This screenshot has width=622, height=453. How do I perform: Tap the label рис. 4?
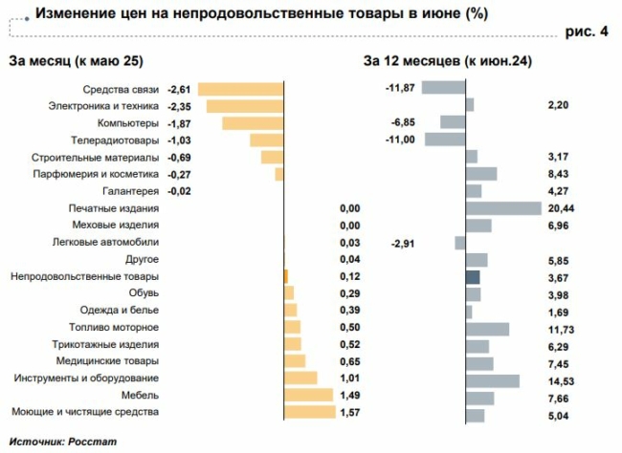click(587, 32)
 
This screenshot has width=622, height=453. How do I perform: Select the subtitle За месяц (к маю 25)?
click(76, 62)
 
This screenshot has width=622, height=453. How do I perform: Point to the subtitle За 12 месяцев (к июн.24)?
click(448, 62)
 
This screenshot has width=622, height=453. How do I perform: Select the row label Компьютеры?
click(127, 123)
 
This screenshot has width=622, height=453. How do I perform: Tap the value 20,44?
click(564, 208)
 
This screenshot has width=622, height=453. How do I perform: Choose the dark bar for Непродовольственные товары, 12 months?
click(472, 277)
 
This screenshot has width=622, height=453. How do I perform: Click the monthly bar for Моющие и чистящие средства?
click(310, 412)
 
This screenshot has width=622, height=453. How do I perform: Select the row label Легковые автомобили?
click(105, 243)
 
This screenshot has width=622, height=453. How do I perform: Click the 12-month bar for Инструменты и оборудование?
click(492, 380)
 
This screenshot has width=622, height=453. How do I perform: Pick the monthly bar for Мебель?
click(308, 395)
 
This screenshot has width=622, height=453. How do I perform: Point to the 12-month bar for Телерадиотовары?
click(444, 140)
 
